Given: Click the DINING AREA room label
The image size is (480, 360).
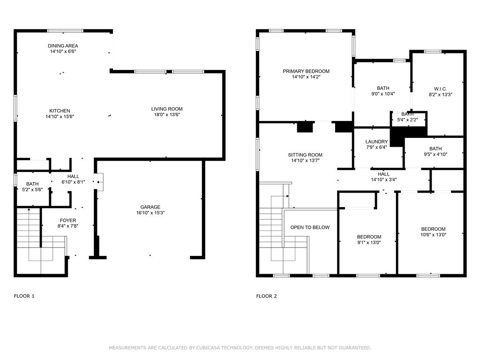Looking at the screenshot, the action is pos(63,45).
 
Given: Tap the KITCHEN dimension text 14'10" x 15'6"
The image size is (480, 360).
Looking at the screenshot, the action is pos(60,116).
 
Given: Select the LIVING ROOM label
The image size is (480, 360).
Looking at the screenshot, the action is pos(167,109).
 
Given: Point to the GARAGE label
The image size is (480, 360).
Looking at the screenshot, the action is pos(150,207).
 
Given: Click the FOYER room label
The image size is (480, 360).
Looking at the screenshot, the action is pos(68,220).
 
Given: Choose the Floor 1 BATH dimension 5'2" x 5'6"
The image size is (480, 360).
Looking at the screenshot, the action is pos(32,189).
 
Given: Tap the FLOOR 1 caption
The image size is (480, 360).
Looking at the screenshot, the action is pos(24,296).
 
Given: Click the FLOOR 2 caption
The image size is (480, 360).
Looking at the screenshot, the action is pos(267,296).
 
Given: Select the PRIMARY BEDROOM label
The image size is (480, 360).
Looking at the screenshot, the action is pos(306,71).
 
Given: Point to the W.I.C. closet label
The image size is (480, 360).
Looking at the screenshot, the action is pos(440,89).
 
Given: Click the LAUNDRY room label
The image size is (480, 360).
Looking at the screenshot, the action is pos(376,142).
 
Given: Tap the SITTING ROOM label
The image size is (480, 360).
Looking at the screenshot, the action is pos(305,155).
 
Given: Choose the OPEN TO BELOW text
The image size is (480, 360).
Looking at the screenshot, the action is pos(310,227).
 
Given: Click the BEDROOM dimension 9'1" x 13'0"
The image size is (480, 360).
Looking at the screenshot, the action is pos(369,242).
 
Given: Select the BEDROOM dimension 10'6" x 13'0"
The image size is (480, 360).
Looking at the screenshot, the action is pos(434,235).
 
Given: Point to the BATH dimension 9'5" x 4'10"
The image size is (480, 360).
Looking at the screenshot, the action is pos(435,154).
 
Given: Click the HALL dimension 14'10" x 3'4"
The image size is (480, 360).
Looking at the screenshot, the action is pos(384,180).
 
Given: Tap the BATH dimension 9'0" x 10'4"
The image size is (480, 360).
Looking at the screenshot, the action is pos(383,94).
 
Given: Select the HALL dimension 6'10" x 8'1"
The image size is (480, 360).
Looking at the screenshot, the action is pos(73,182).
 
